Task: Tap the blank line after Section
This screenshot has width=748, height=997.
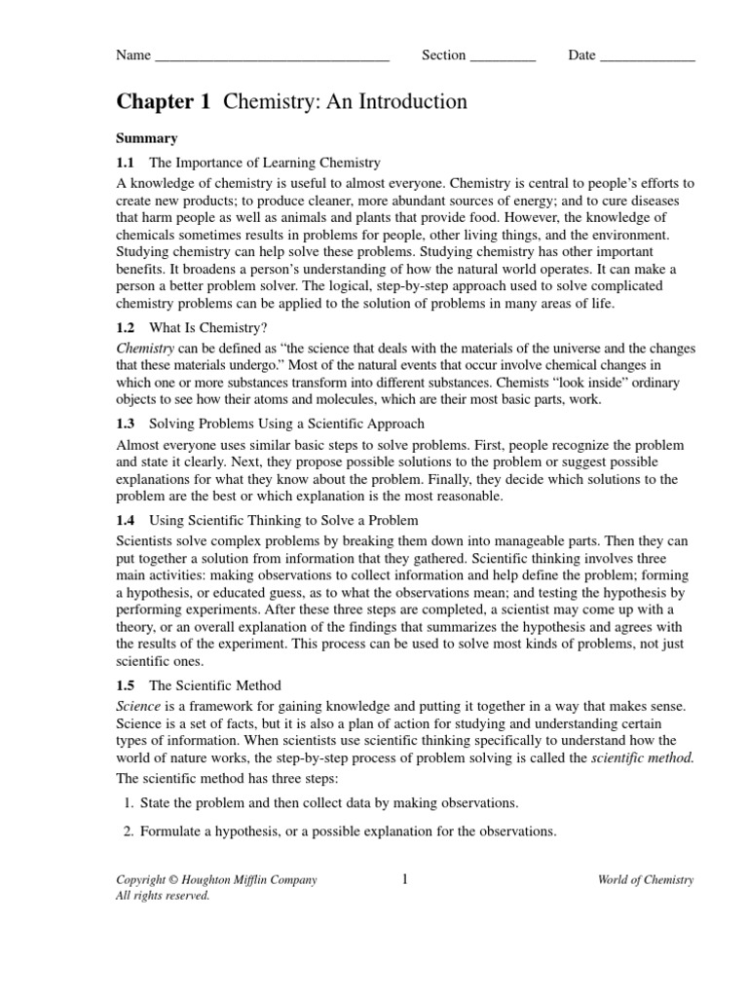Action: pos(503,57)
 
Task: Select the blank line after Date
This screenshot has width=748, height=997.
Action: pos(647,57)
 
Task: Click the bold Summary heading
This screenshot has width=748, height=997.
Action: pos(146,138)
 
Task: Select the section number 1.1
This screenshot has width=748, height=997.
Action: pos(126,163)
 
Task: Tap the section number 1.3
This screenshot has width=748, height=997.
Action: pos(126,424)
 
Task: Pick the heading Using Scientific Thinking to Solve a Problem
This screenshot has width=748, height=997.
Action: pos(283,520)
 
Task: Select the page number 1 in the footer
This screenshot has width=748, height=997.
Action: pos(404,879)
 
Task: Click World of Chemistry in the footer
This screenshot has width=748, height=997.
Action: pos(646,880)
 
